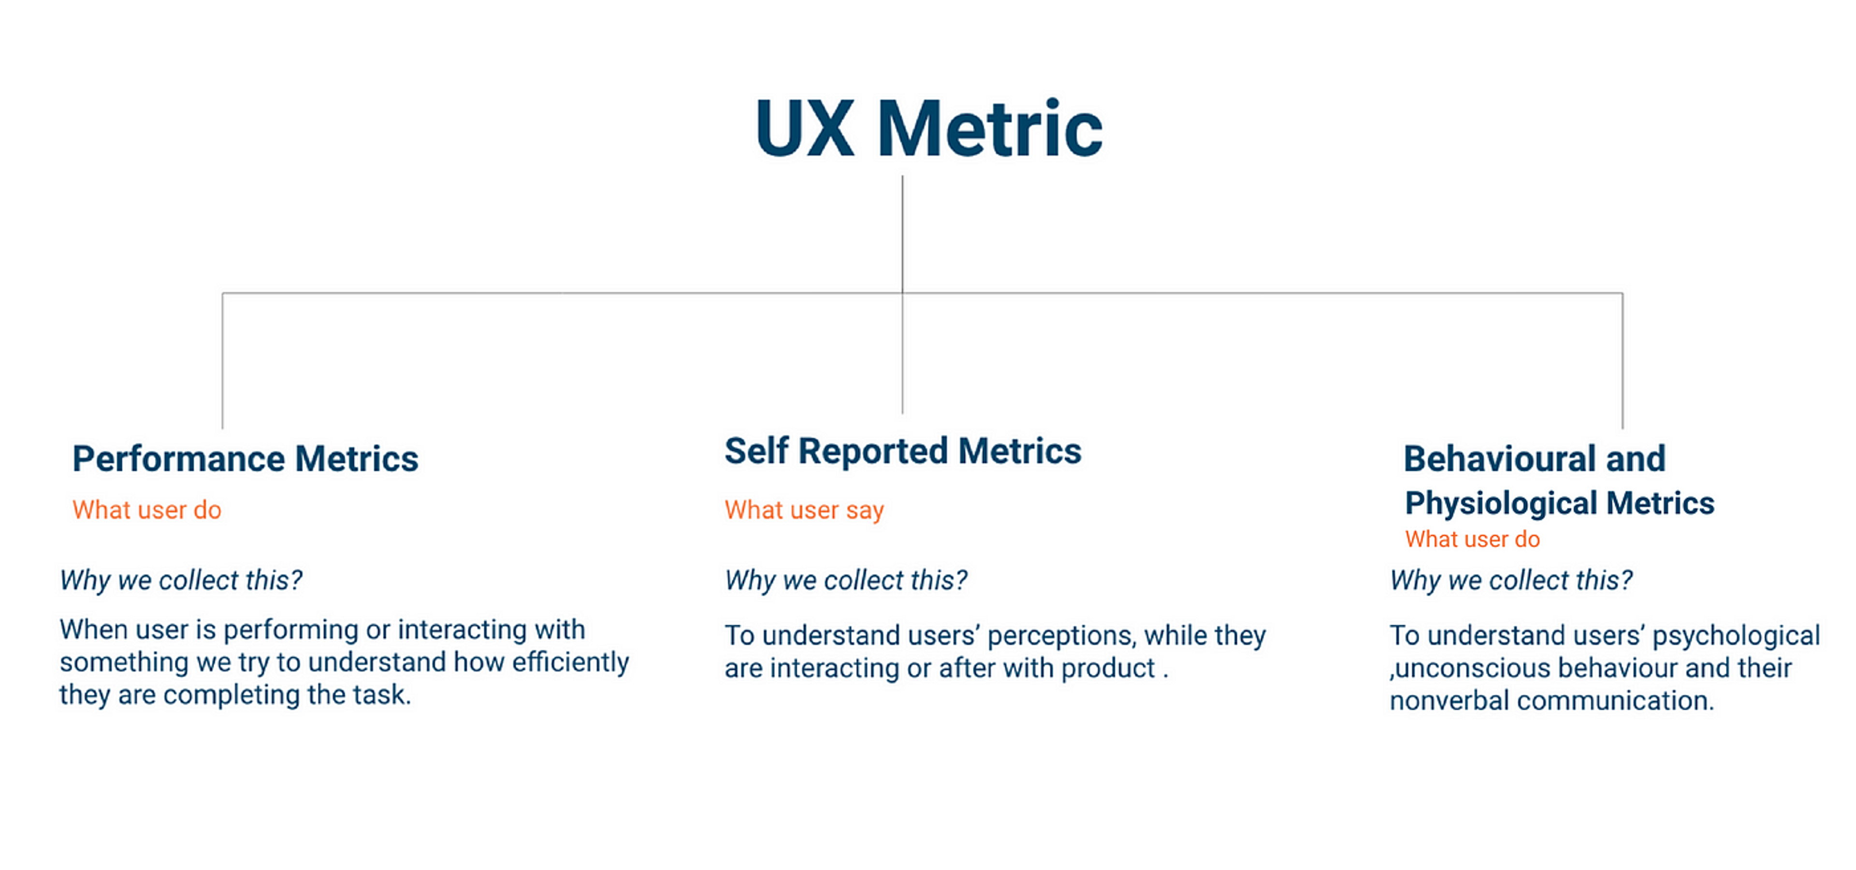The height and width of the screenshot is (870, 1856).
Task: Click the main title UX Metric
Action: [x=928, y=130]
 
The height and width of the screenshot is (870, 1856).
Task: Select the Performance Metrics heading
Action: [x=245, y=459]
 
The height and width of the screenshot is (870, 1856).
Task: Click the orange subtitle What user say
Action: [x=804, y=510]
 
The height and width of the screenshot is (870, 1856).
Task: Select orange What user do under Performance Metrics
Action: [x=147, y=510]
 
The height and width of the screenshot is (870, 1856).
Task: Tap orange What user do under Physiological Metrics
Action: [x=1472, y=539]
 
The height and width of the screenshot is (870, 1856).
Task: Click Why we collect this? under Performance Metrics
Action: [x=181, y=580]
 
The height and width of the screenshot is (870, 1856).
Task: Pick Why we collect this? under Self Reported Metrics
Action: [x=846, y=580]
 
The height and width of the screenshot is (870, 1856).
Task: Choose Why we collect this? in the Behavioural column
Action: [x=1511, y=580]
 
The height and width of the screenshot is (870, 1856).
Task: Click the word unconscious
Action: [x=1471, y=668]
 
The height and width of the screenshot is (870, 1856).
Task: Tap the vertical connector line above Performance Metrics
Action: [x=223, y=360]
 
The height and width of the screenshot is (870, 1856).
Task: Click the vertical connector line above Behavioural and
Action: [x=1623, y=360]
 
